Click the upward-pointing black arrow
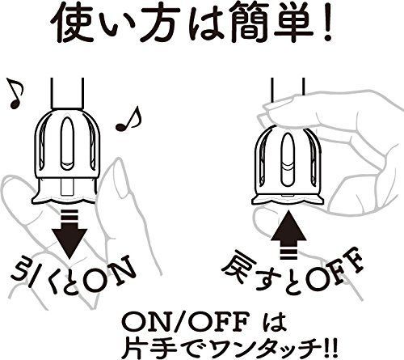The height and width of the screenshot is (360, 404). click(288, 235)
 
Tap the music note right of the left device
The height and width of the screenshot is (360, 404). click(128, 119)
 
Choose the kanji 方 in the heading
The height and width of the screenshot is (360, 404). click(160, 23)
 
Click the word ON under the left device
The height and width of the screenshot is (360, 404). click(107, 275)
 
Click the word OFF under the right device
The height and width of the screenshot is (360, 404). click(334, 274)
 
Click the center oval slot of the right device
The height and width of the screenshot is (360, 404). click(287, 159)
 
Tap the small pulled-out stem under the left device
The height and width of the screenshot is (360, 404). click(67, 187)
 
